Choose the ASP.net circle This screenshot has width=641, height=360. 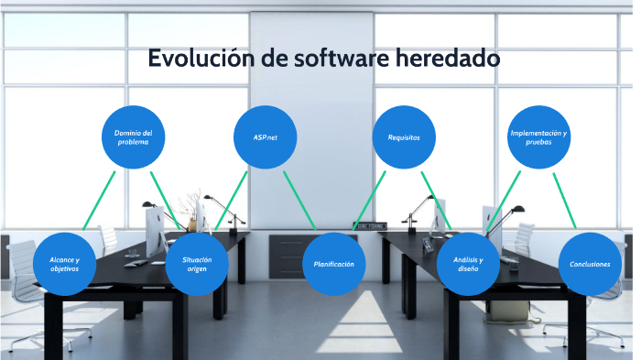coord(266,137)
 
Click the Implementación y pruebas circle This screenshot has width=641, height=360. coord(538,137)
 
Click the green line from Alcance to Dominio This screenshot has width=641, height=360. coord(97,201)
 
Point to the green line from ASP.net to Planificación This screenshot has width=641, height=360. coord(299,200)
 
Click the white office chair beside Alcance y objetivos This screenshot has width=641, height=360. coord(18,275)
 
